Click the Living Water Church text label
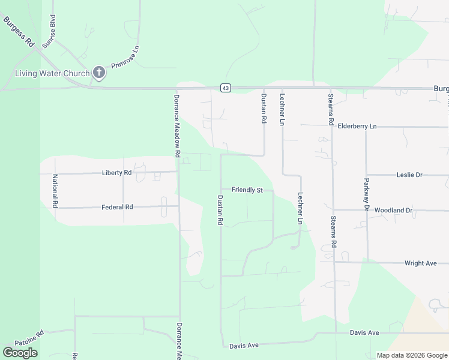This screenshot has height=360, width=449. (52, 74)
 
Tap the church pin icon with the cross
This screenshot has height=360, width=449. (99, 73)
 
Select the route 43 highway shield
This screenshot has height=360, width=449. (225, 88)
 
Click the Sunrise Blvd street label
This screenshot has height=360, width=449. (52, 27)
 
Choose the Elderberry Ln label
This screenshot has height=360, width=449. (357, 127)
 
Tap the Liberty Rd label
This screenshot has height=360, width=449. (117, 173)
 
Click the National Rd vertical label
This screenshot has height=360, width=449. (55, 191)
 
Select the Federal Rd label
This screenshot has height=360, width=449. (117, 207)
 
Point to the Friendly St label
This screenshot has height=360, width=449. (247, 190)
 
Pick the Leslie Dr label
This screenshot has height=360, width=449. (409, 175)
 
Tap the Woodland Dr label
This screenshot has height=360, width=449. (393, 211)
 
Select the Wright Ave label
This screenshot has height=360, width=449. (420, 263)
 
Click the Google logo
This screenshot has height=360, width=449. (20, 353)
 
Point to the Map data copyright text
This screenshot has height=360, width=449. (412, 355)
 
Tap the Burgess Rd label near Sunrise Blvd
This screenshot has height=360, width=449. (19, 31)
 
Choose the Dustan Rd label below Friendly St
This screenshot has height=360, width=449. (220, 210)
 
